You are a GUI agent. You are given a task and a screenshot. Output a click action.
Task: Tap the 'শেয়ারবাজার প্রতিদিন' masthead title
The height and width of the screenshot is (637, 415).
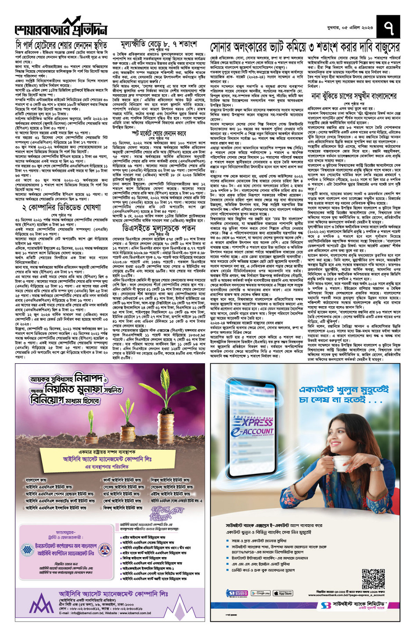coord(61,28)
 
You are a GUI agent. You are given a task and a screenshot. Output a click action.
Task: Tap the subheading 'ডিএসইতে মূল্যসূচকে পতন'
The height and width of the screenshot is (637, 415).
coord(159,229)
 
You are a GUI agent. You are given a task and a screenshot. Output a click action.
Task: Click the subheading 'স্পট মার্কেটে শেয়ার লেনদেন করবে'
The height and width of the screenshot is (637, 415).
coord(159,133)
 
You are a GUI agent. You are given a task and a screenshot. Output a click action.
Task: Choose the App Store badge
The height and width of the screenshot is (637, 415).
coord(283,593)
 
